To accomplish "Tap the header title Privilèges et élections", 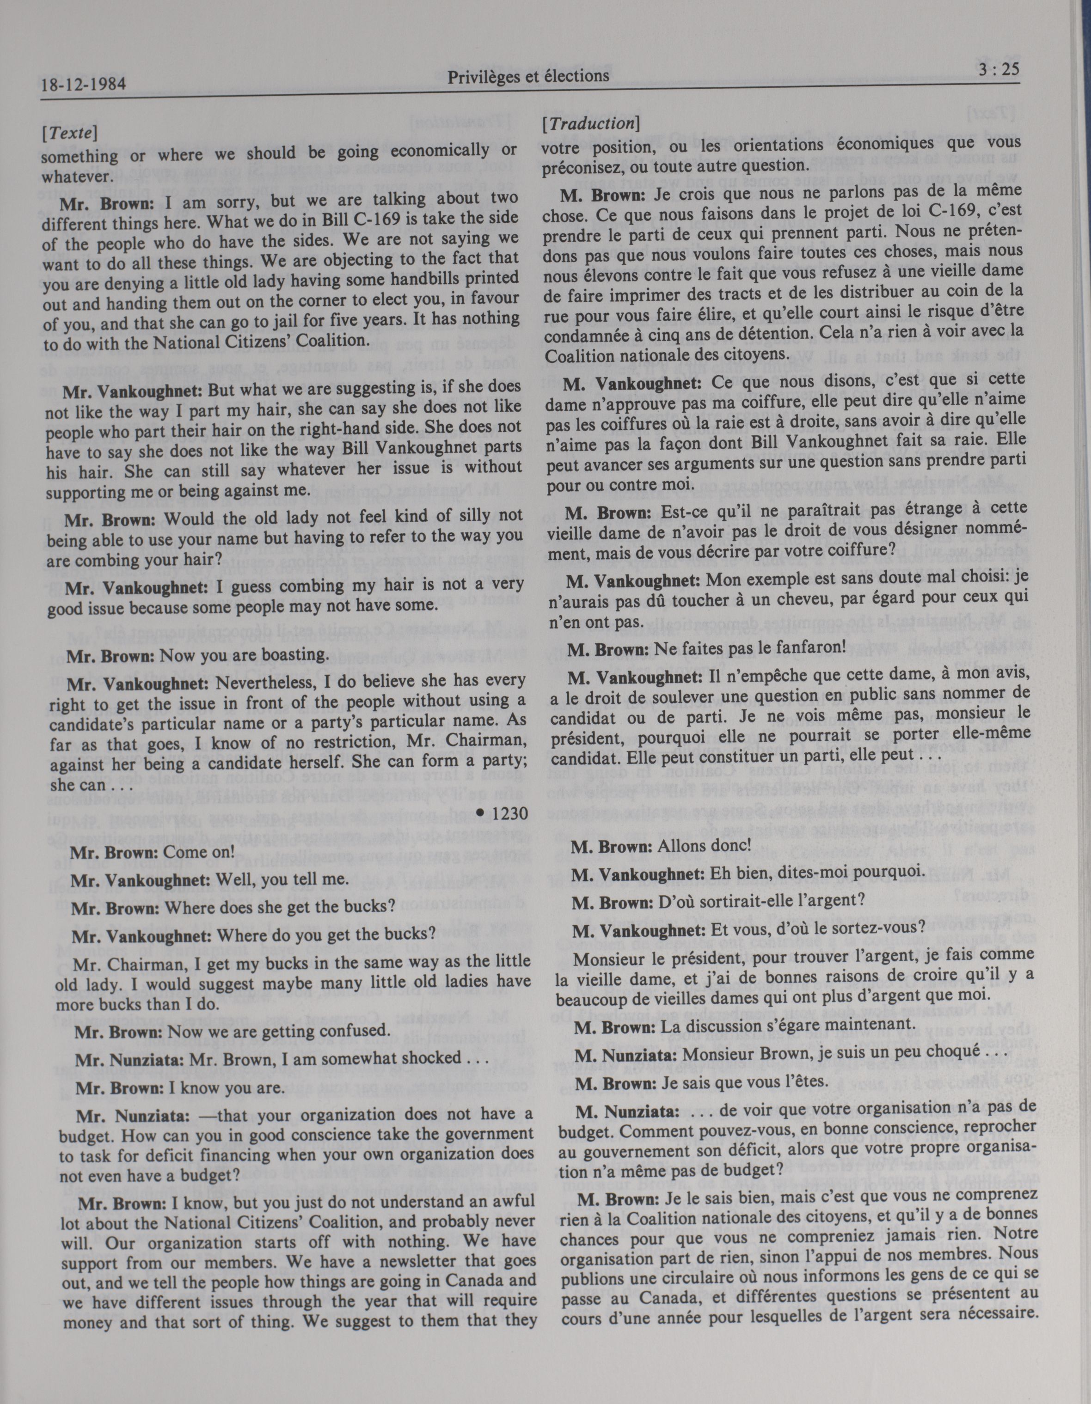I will [x=528, y=76].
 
